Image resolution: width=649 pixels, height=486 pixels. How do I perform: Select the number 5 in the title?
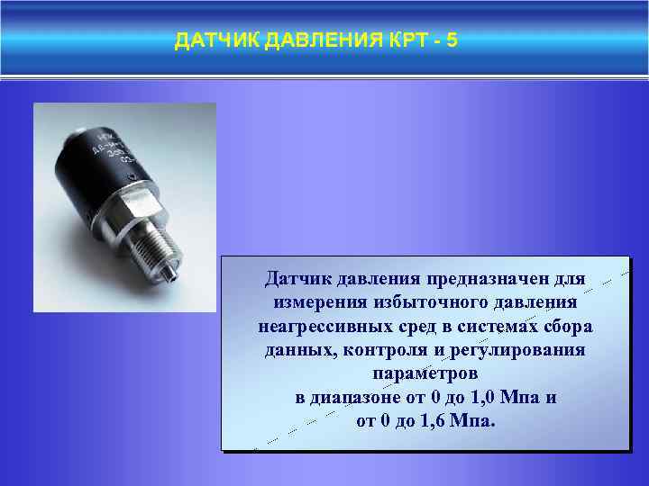point(452,41)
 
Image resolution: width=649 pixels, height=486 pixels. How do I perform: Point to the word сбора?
point(568,325)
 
